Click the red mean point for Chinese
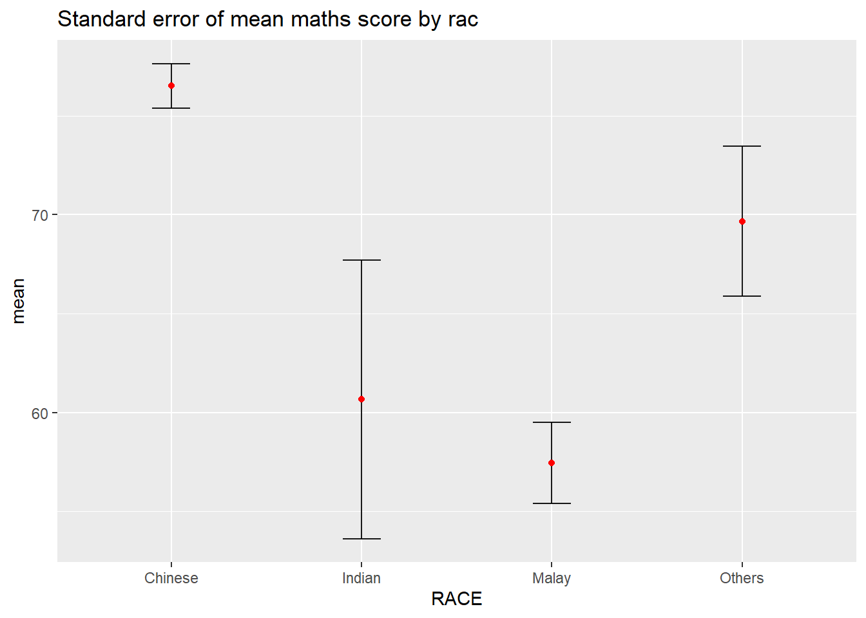pos(171,86)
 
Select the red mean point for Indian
pos(361,399)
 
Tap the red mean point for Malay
pos(552,463)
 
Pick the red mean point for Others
pos(742,221)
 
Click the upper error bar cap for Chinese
pos(171,64)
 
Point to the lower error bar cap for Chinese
pos(171,108)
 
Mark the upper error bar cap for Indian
pos(361,260)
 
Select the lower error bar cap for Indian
pos(361,539)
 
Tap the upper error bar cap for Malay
pos(552,422)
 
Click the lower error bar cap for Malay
pos(552,503)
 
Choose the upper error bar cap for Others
pos(742,146)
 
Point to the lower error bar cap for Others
pos(742,296)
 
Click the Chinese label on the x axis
pos(171,578)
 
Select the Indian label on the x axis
pos(361,578)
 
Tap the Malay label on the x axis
pos(552,578)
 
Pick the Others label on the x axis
pos(742,578)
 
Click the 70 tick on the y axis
pos(40,215)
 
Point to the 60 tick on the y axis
pos(40,413)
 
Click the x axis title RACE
pos(457,599)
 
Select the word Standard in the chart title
pos(102,19)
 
